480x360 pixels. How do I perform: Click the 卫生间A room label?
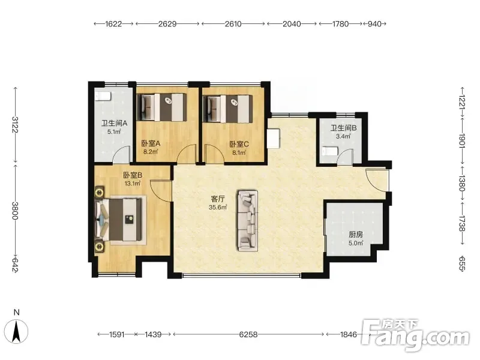114,124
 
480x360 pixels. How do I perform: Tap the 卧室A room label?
151,143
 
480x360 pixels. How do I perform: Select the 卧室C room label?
239,144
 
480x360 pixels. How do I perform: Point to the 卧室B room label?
133,175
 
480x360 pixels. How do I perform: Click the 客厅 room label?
218,199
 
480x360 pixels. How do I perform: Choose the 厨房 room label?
356,235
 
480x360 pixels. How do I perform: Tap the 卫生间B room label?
343,128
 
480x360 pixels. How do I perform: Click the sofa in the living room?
248,220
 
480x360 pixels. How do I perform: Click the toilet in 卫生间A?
102,96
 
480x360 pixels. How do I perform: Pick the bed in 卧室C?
229,109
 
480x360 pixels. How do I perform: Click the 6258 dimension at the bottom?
248,335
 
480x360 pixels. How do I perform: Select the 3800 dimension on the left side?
15,210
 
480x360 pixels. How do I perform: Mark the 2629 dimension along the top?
167,24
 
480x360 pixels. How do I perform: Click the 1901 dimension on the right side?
462,141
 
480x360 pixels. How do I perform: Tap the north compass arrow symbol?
17,331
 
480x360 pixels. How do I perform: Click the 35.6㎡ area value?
218,207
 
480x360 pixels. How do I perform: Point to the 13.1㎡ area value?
133,184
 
